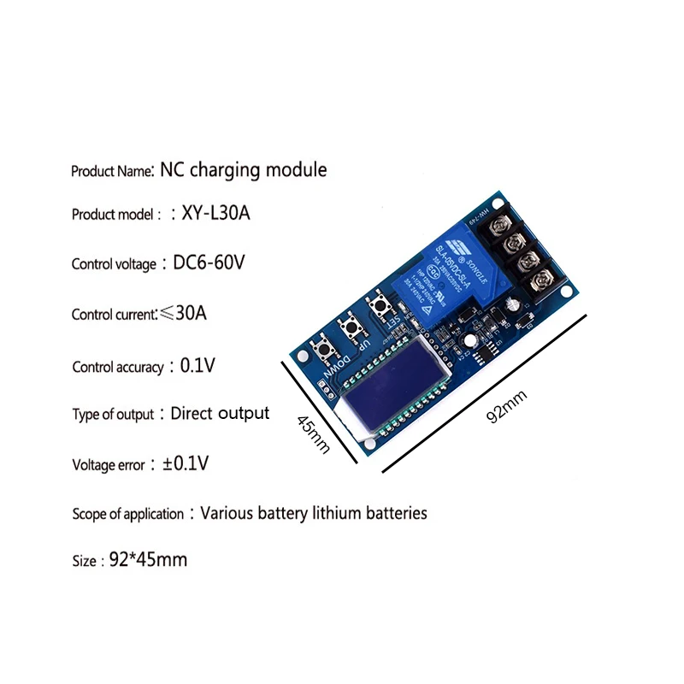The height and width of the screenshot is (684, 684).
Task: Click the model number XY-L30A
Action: [216, 214]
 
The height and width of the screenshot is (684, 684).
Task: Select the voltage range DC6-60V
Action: [209, 262]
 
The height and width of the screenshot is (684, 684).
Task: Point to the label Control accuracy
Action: [117, 368]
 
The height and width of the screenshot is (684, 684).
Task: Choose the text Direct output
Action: [220, 414]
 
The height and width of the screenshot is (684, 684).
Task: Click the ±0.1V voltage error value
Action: [186, 464]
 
